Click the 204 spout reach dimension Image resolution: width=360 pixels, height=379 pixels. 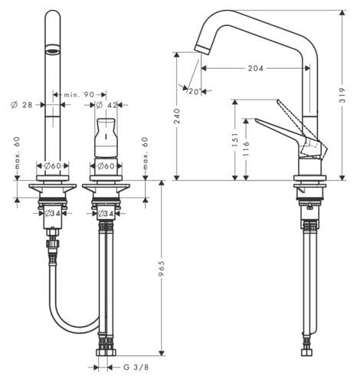[255, 68]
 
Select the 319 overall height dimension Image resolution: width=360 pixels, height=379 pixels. [342, 95]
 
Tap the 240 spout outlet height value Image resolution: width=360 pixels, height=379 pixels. [177, 116]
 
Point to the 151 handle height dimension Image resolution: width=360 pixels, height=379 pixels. [235, 139]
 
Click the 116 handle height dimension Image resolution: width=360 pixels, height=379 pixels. [246, 149]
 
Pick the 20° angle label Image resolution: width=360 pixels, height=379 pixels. [194, 91]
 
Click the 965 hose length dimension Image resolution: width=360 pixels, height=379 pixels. [162, 268]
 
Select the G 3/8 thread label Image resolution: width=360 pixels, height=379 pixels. [136, 368]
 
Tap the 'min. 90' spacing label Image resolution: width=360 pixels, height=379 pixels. [79, 95]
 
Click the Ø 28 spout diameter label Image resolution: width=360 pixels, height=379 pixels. [22, 105]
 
